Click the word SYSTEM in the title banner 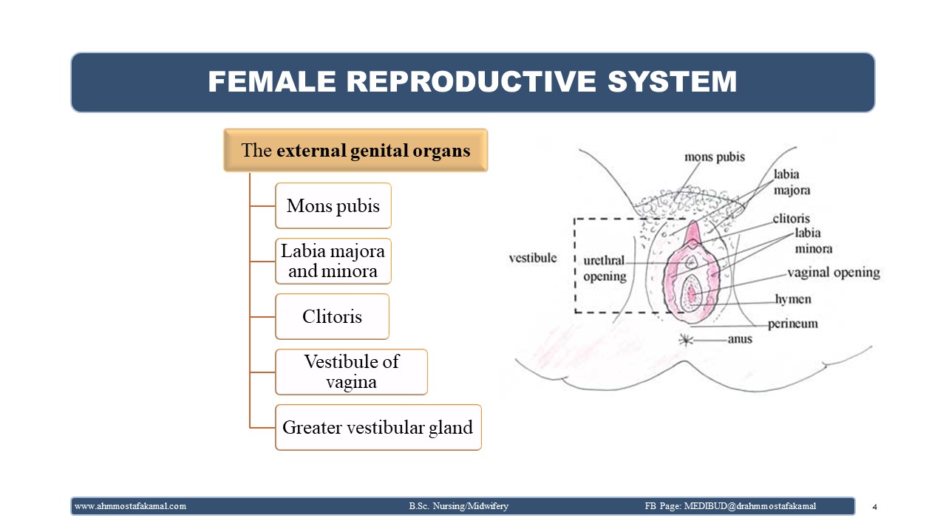pos(672,81)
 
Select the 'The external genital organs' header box pos(355,150)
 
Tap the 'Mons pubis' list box pos(333,205)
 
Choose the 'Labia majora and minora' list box pos(333,261)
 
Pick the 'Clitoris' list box pos(332,317)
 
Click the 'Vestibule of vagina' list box pos(351,372)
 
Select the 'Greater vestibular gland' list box pos(378,427)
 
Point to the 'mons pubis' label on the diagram pos(715,157)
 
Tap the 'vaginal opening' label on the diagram pos(834,273)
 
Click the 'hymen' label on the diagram pos(793,299)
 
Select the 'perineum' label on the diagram pos(793,324)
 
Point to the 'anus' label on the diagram pos(740,339)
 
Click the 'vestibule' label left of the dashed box pos(533,258)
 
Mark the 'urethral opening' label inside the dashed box pos(605,268)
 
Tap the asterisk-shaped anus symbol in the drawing pos(686,339)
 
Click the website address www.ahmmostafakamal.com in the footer pos(130,506)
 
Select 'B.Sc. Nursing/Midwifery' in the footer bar pos(459,506)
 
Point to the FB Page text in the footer pos(730,506)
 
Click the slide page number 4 pos(874,507)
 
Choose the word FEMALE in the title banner pos(272,81)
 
